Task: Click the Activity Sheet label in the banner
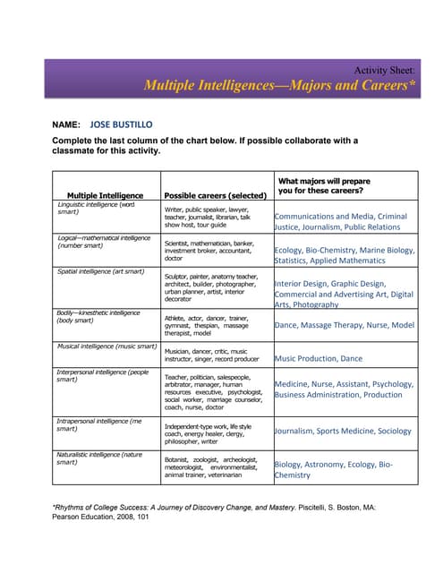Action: [x=384, y=70]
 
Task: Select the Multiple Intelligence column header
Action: [x=105, y=194]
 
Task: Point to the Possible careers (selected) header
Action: [x=215, y=194]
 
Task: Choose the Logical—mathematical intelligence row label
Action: [x=104, y=241]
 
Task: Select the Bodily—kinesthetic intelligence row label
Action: [x=98, y=315]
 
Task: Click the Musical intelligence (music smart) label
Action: [x=106, y=346]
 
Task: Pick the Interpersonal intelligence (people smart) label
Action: [x=102, y=375]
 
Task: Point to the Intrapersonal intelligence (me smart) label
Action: [x=98, y=423]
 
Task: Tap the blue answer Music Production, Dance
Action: [x=319, y=358]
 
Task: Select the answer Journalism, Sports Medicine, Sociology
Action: [x=343, y=431]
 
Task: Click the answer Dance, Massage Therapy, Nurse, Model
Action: [x=344, y=325]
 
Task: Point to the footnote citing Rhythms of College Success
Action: [x=215, y=511]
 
